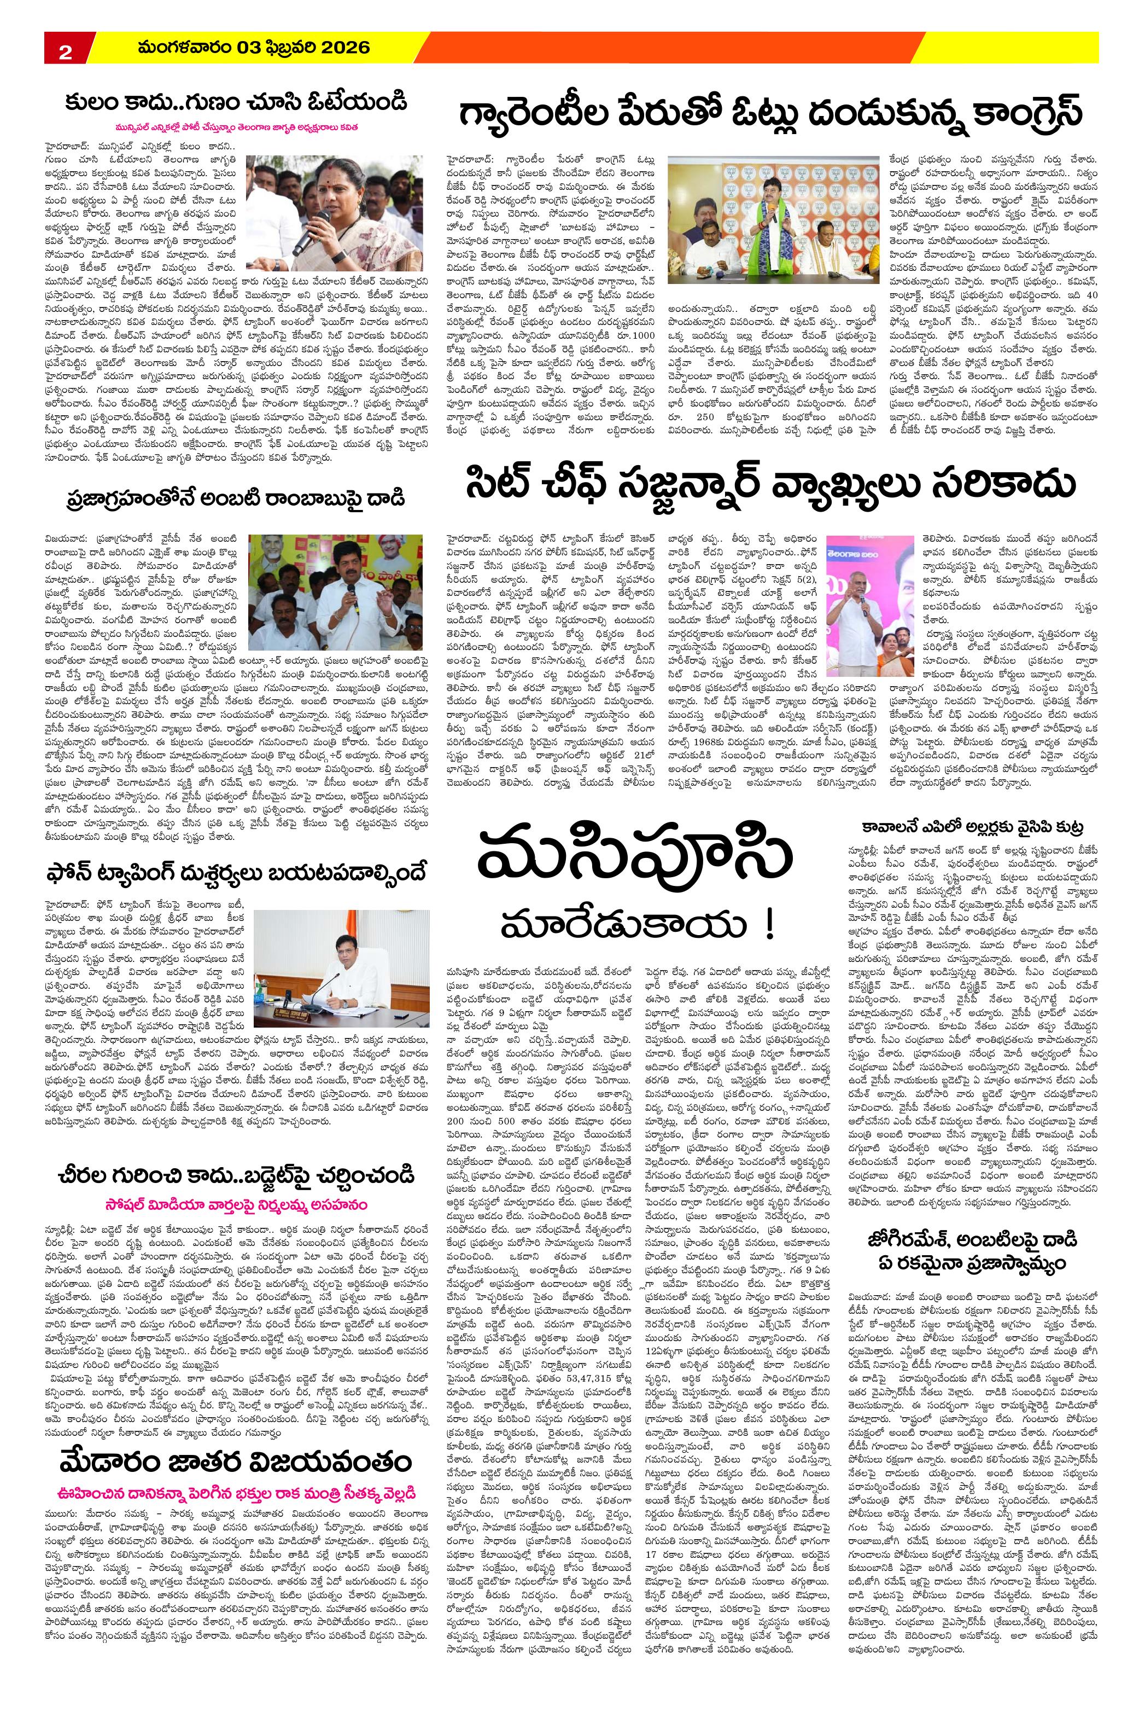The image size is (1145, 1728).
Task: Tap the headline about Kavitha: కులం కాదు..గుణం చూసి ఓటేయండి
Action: [235, 102]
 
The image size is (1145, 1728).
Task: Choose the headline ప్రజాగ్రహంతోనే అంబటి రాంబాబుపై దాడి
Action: [235, 500]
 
